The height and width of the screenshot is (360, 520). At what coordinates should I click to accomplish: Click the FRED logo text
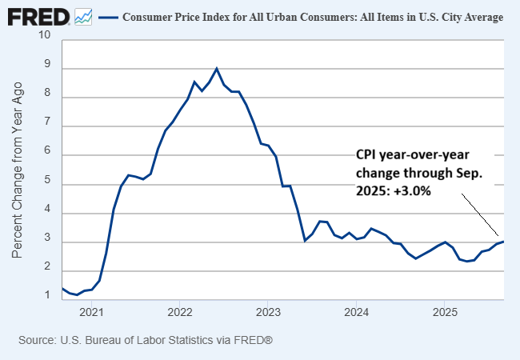tap(37, 15)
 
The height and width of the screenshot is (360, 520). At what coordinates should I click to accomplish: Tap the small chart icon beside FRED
tap(82, 16)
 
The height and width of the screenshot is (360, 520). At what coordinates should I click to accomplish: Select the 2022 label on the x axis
tap(179, 310)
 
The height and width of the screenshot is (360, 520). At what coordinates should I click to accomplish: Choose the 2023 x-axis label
tap(268, 310)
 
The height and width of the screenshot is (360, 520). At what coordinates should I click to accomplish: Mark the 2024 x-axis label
tap(357, 310)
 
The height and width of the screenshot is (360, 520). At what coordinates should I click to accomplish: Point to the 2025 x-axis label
tap(445, 310)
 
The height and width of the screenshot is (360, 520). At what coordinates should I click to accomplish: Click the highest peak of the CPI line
tap(217, 68)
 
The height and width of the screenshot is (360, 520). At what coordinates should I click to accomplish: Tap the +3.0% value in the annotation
tap(414, 192)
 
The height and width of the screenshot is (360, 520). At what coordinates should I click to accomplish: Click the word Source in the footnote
tap(37, 340)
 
